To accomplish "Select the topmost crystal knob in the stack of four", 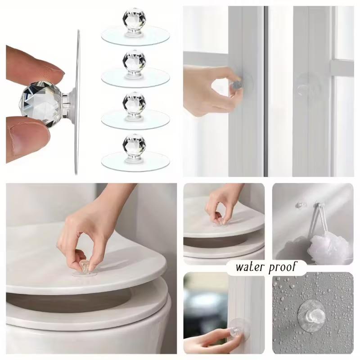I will coord(134,19).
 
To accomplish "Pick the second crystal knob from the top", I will coord(134,61).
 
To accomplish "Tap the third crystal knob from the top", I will coord(134,103).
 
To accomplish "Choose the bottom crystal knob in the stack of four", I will coord(134,144).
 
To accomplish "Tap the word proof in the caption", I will coord(282,267).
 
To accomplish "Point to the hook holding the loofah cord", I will coord(316,205).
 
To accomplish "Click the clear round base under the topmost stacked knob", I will coord(135,36).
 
